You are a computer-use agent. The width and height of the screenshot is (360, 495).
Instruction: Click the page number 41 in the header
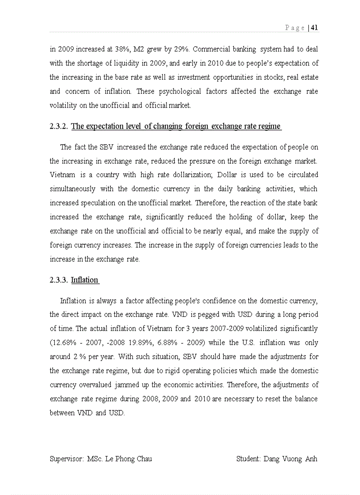315,28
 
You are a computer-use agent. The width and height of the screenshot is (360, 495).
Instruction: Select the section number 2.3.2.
59,127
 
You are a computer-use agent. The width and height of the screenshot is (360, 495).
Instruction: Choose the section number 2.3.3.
59,280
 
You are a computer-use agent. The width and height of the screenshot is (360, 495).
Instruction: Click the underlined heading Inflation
84,280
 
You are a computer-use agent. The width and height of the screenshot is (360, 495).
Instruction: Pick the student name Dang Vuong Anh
290,459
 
